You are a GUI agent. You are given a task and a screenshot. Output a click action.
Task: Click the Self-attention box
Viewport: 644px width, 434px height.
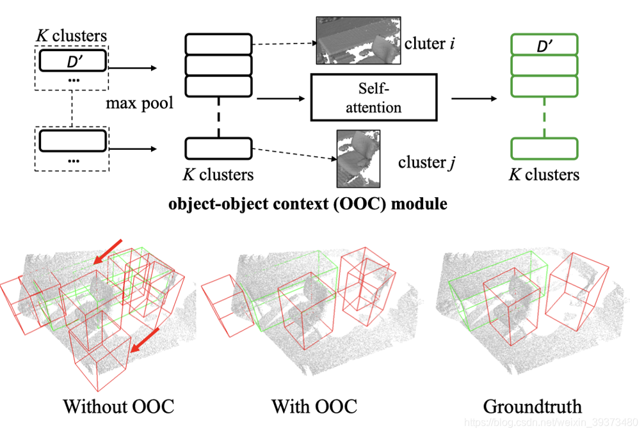[373, 98]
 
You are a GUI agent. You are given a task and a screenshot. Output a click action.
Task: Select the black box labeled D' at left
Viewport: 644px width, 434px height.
[73, 61]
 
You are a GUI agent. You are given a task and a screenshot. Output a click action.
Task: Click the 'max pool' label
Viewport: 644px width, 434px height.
[140, 103]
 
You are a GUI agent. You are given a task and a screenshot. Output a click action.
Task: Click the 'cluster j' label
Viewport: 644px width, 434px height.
[426, 162]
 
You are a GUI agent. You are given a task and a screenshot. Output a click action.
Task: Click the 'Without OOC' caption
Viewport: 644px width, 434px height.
[118, 406]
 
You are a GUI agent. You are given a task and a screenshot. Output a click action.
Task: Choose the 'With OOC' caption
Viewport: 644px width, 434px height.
[314, 406]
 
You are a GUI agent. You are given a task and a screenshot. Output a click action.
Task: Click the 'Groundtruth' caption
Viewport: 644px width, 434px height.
[532, 406]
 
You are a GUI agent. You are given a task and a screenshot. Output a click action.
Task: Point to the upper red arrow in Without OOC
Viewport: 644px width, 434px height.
[108, 250]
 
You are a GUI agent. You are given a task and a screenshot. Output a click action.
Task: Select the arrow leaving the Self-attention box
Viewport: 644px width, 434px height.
[474, 99]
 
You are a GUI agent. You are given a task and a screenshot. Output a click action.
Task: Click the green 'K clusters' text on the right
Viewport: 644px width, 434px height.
[544, 175]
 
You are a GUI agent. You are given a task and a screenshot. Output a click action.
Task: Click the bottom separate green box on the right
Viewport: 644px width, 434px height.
[544, 149]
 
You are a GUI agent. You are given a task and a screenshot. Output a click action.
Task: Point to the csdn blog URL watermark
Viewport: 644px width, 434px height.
[551, 422]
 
